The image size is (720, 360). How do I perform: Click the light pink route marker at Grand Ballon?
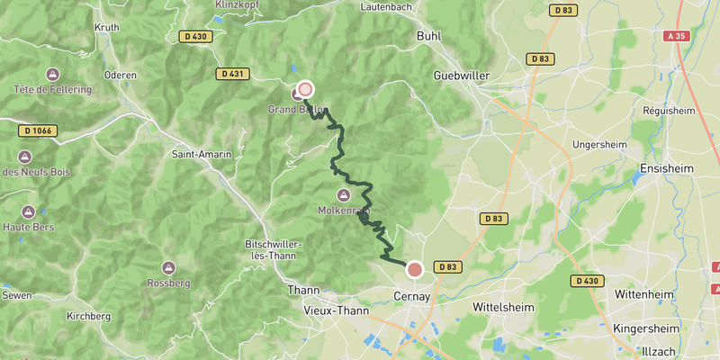[x=305, y=89]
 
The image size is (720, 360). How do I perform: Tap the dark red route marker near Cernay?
[x=415, y=268]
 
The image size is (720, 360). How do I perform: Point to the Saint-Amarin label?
[x=202, y=154]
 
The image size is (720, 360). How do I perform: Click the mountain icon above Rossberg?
[x=168, y=267]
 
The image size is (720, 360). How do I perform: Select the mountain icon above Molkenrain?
[x=343, y=195]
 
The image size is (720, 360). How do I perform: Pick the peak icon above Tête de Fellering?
[x=52, y=74]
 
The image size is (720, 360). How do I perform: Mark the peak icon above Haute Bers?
[x=27, y=211]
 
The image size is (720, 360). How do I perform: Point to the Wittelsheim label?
[x=503, y=307]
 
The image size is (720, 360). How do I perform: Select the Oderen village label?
[x=120, y=75]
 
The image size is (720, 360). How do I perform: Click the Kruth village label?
[x=107, y=27]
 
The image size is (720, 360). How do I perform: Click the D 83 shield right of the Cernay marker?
[x=447, y=267]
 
